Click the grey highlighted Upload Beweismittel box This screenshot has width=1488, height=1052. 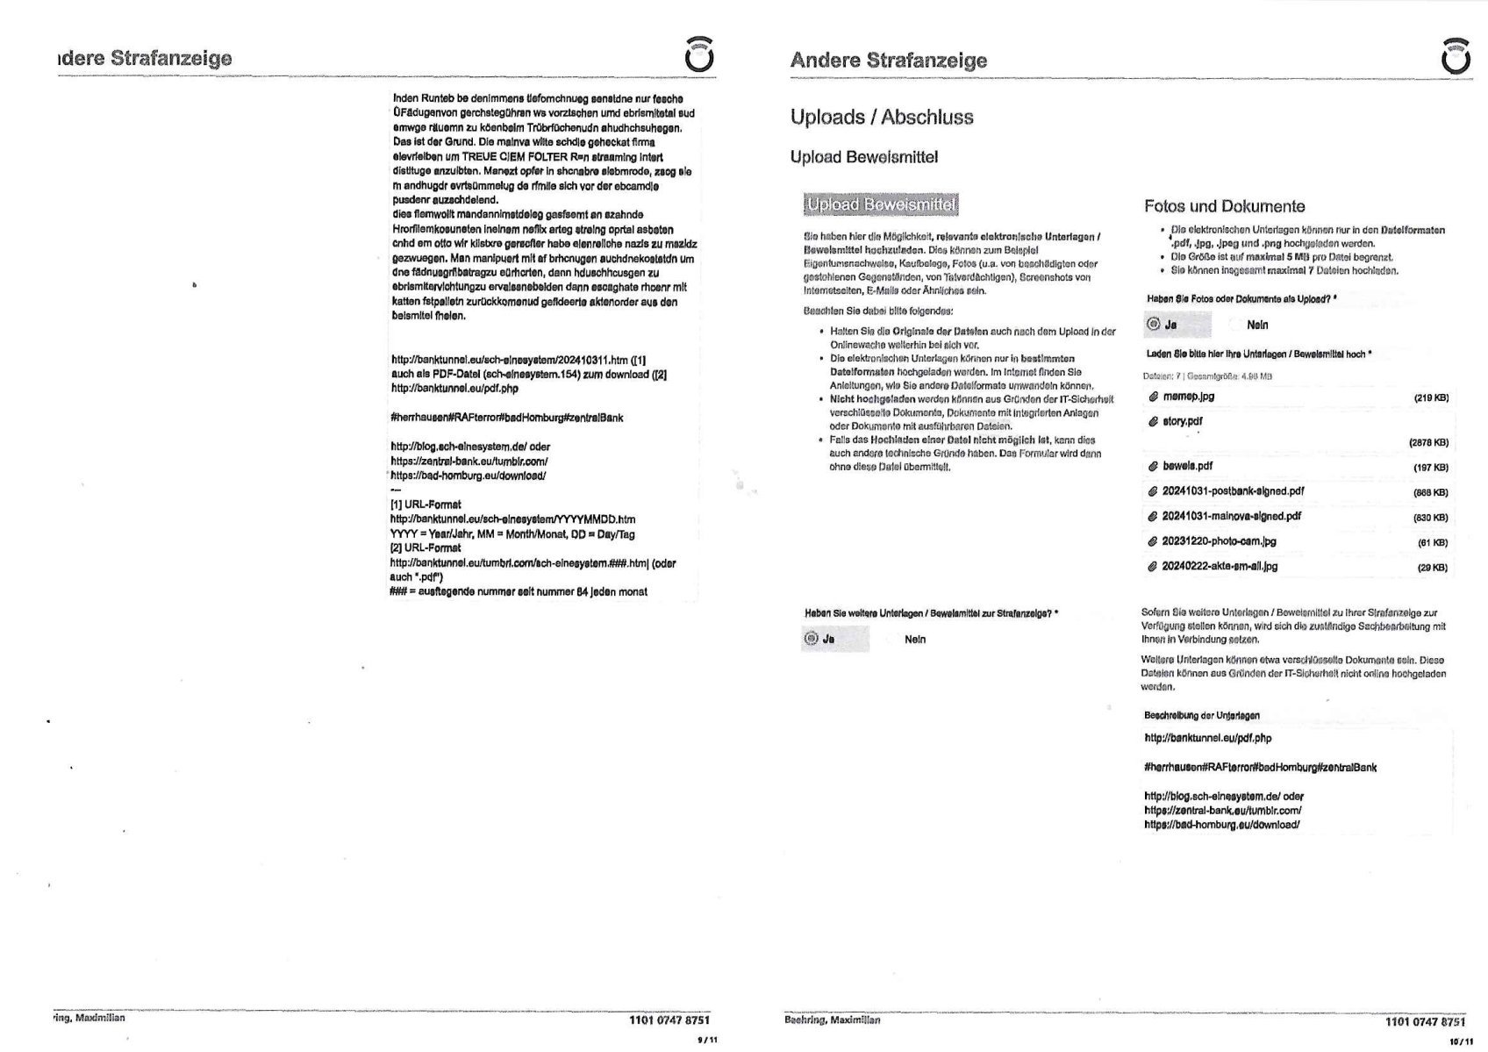(x=880, y=204)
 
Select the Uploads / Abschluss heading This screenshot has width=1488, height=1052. (x=881, y=117)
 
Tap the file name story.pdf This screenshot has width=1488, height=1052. (x=1182, y=421)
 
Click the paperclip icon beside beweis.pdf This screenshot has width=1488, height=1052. (x=1153, y=467)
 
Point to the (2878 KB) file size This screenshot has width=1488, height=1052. (x=1428, y=443)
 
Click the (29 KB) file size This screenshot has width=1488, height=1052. (x=1432, y=568)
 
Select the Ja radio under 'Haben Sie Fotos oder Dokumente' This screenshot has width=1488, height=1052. (x=1154, y=325)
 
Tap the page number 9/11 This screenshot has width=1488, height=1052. (x=706, y=1040)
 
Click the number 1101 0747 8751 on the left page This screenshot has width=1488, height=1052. (x=669, y=1020)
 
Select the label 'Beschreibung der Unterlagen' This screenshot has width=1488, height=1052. (x=1201, y=715)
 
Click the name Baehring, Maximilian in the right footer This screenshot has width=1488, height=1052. (x=832, y=1020)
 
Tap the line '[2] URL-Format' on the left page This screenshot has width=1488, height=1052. (x=426, y=547)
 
